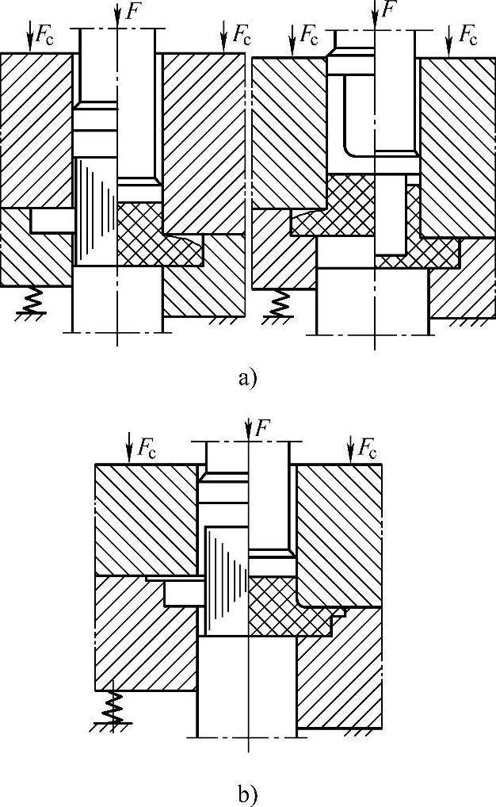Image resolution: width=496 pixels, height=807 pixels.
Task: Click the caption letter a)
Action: [x=248, y=378]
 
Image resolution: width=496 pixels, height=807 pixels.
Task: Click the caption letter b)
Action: [x=248, y=793]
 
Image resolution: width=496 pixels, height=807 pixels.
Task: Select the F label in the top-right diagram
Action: [x=388, y=10]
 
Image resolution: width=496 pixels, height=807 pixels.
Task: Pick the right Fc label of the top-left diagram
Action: [x=242, y=34]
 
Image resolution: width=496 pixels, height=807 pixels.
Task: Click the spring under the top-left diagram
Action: [x=32, y=300]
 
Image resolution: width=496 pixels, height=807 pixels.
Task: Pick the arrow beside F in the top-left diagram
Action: [x=117, y=12]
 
